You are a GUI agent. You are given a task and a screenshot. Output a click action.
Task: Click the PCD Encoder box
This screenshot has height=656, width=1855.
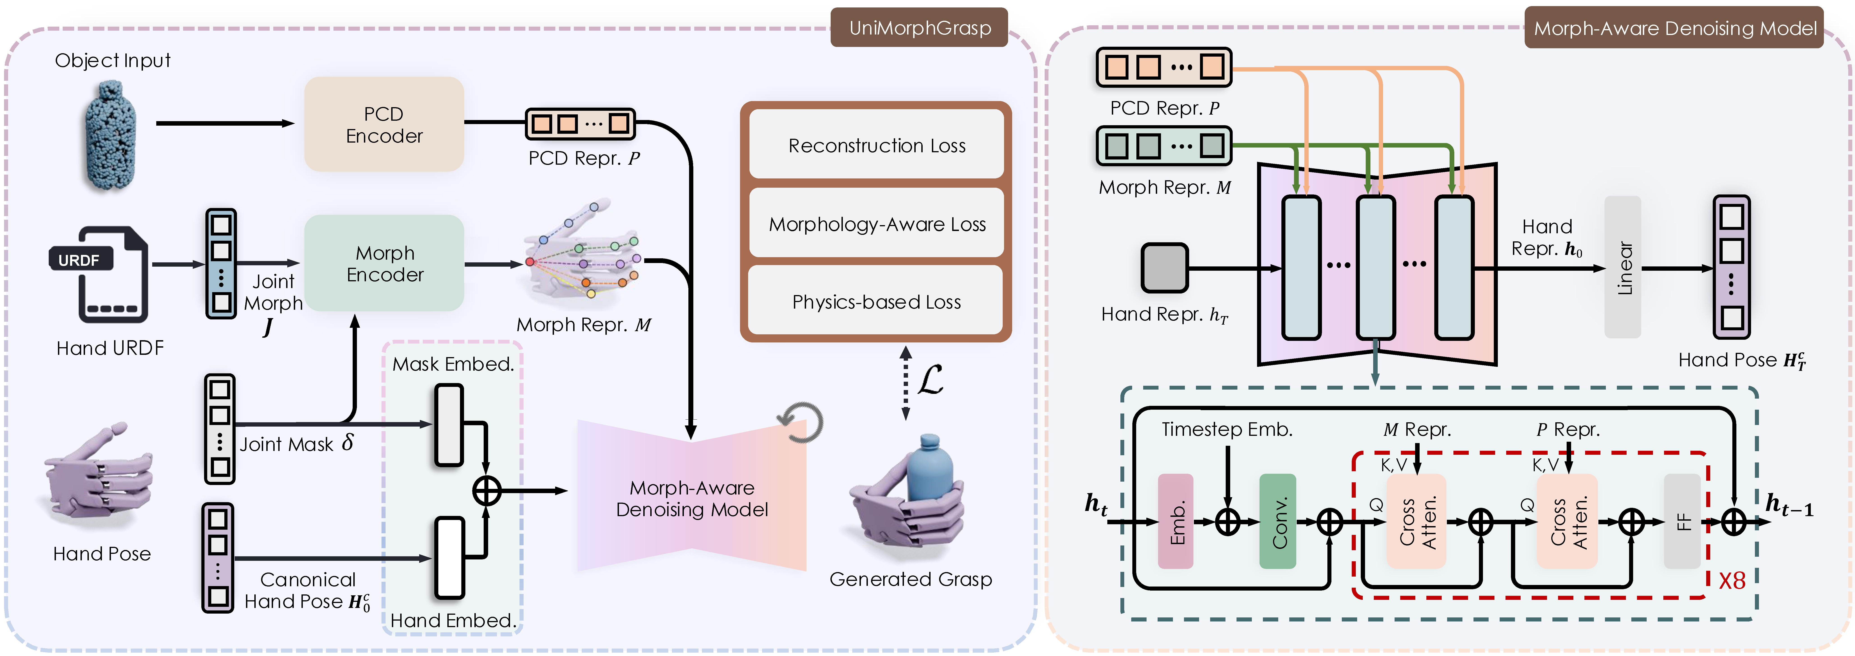(x=384, y=124)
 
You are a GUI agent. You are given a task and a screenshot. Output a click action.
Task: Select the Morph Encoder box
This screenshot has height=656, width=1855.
(x=384, y=263)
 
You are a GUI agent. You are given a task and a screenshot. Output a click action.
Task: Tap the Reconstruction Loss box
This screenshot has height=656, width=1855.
(x=876, y=145)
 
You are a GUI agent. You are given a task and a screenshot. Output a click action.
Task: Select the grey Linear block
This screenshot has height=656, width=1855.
(x=1623, y=267)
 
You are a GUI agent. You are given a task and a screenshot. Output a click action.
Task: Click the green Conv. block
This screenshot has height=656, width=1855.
(x=1278, y=521)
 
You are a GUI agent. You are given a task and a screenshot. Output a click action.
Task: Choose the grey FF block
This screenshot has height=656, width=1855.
(x=1682, y=521)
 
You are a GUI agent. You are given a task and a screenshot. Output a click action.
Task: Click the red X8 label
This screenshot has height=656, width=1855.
(x=1732, y=580)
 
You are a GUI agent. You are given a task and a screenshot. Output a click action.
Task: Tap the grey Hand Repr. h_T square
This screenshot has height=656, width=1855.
(x=1164, y=268)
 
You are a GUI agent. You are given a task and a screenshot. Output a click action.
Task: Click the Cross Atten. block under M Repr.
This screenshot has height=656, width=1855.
(x=1416, y=521)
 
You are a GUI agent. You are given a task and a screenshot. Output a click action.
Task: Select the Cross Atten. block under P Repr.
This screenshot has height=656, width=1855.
(x=1567, y=521)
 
